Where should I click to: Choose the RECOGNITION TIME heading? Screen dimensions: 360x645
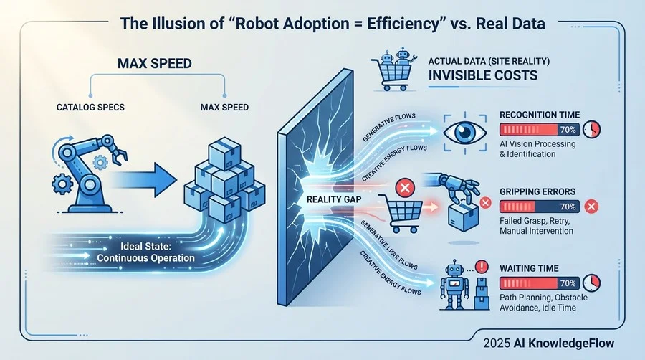(539, 115)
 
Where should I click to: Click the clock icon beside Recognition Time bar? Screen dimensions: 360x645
(592, 130)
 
